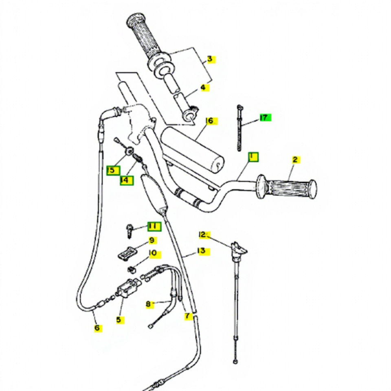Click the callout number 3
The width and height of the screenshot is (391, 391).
[210, 59]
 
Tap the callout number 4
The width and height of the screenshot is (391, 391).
[203, 87]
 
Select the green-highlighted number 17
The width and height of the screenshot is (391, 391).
[265, 118]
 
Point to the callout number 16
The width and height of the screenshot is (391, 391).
[209, 121]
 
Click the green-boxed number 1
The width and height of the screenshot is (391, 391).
[253, 156]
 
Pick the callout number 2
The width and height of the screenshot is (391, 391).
[295, 160]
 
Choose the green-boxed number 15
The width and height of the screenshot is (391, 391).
[111, 170]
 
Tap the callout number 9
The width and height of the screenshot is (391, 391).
[152, 240]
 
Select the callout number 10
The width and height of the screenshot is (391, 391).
[153, 253]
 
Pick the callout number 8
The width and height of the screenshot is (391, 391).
[149, 303]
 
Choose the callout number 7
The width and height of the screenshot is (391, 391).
[188, 316]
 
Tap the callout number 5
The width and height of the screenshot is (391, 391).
[119, 319]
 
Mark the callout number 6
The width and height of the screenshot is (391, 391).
[98, 327]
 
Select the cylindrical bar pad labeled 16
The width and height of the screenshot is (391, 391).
[193, 149]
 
